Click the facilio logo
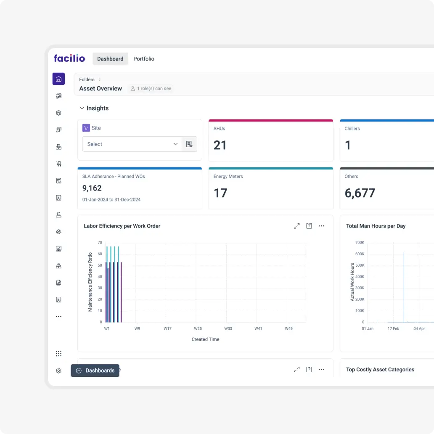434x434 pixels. click(69, 58)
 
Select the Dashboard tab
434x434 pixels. click(110, 59)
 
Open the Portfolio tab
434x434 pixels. click(144, 59)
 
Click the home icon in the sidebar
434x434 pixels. click(58, 79)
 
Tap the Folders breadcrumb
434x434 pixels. click(87, 79)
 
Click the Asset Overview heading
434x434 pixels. click(101, 89)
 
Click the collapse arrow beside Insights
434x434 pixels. click(82, 108)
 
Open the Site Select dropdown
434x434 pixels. click(132, 144)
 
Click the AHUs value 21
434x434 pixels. click(220, 146)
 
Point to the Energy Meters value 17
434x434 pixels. click(220, 193)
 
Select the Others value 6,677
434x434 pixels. click(360, 193)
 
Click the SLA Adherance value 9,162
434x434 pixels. click(92, 188)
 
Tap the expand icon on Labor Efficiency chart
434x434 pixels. click(296, 226)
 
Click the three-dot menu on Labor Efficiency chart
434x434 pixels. click(321, 226)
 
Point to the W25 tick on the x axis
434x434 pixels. click(198, 328)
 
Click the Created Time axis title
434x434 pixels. click(205, 339)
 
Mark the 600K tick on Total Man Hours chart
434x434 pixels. click(360, 254)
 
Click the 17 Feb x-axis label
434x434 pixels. click(393, 328)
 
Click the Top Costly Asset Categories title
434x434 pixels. click(380, 370)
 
